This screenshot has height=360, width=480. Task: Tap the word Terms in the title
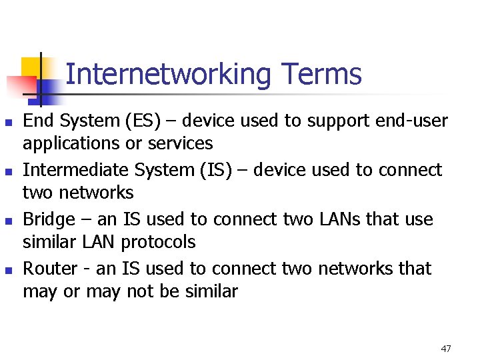pos(321,74)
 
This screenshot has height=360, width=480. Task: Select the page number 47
pos(446,349)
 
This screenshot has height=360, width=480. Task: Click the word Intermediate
pos(76,170)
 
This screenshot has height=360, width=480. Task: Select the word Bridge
pos(48,219)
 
